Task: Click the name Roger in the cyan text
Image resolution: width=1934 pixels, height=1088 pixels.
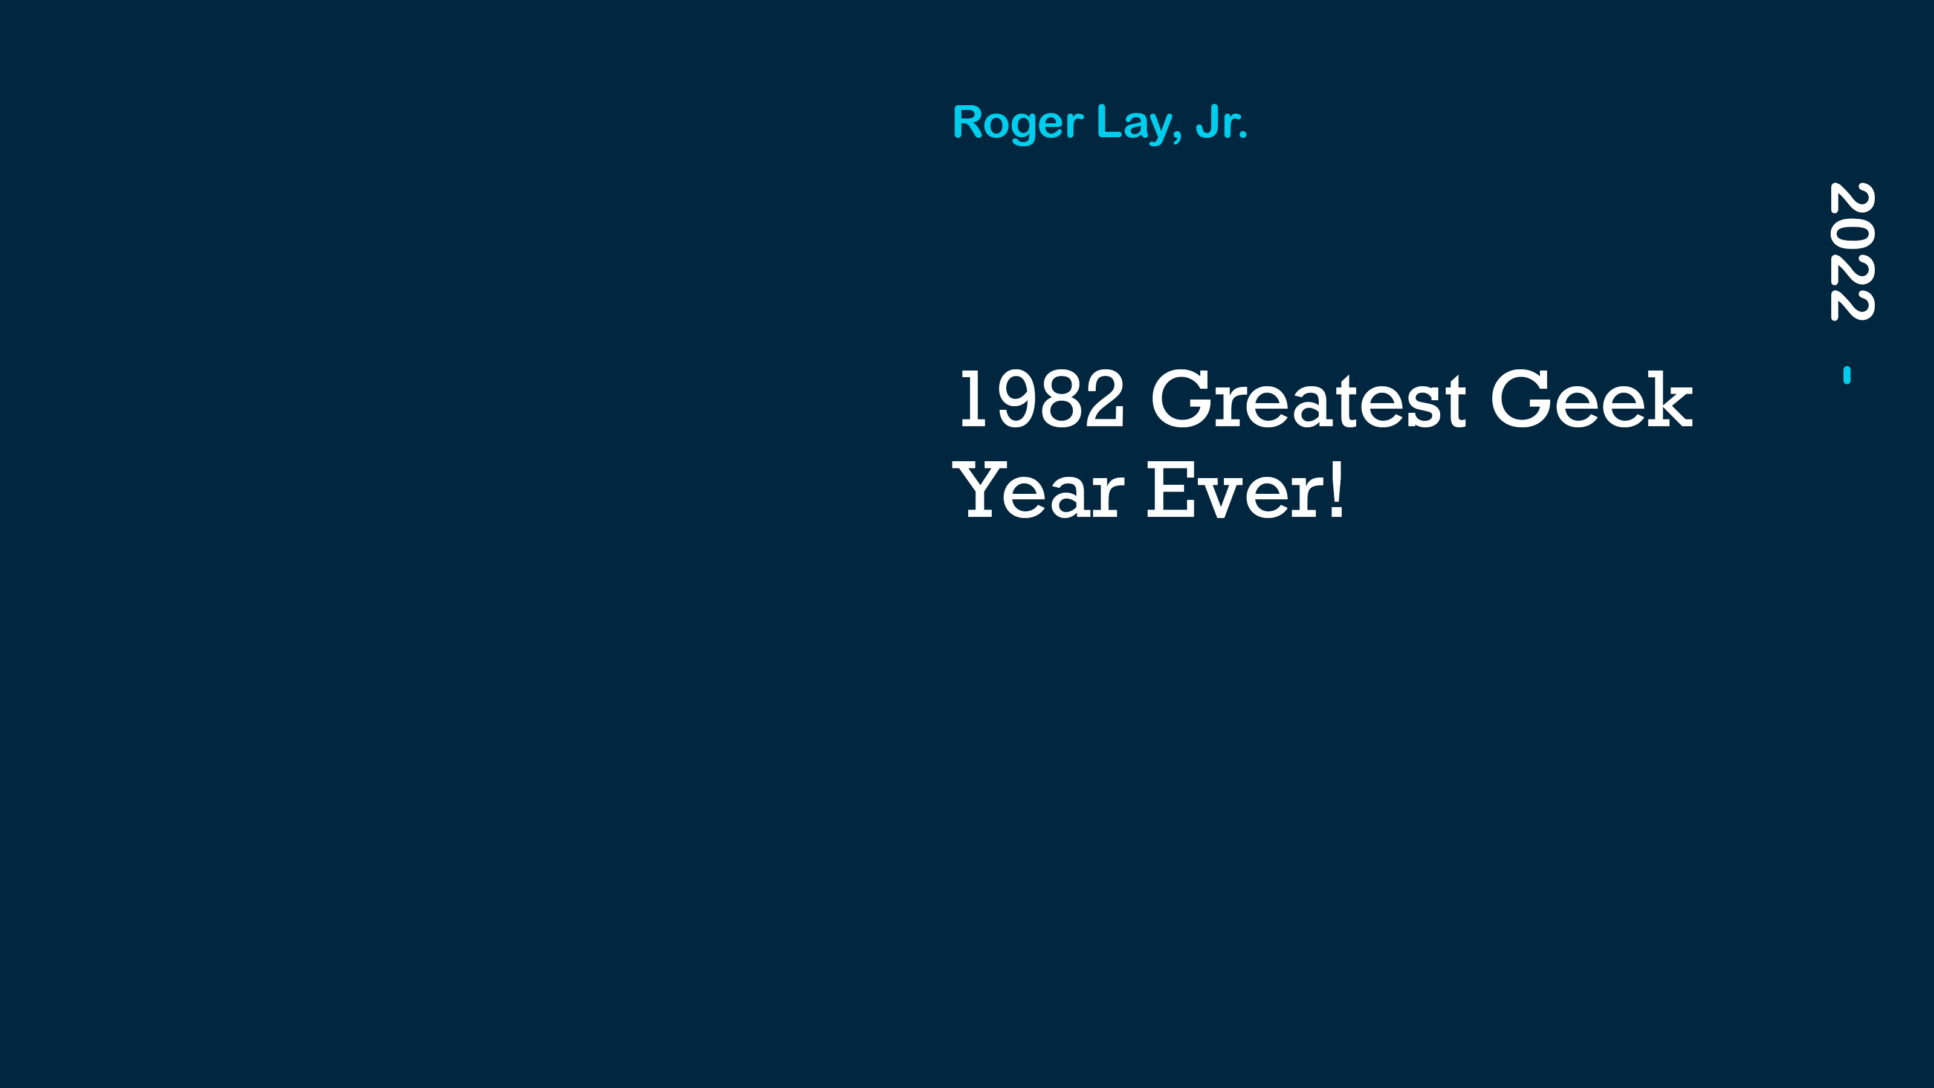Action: click(1017, 124)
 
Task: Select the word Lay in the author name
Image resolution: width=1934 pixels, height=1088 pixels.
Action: click(1135, 124)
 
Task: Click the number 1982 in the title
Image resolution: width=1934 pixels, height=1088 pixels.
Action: click(1041, 399)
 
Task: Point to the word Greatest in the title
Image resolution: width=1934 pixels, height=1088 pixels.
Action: click(1308, 399)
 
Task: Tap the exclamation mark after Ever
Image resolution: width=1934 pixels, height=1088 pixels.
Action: click(1336, 490)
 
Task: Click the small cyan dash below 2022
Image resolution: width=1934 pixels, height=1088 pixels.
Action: click(1847, 375)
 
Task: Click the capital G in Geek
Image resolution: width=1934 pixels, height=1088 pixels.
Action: click(1521, 399)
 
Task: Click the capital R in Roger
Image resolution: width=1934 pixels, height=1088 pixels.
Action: click(968, 121)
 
